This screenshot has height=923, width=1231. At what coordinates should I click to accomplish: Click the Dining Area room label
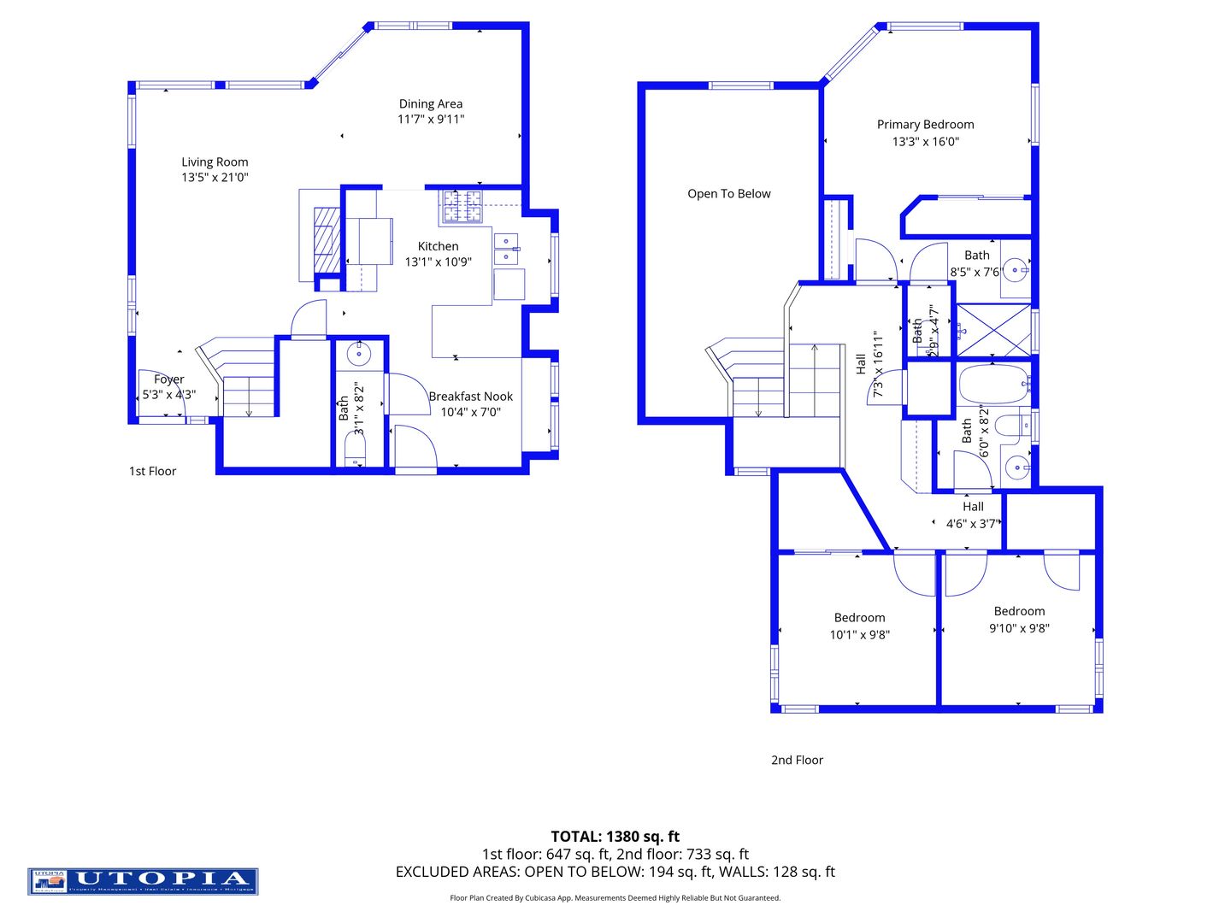[431, 104]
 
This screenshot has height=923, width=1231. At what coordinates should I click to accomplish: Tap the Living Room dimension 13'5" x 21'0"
[215, 178]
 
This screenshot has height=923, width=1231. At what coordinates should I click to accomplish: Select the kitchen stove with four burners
[462, 207]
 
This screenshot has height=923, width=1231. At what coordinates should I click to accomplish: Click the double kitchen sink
[506, 249]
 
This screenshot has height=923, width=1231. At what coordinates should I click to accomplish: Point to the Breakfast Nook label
[470, 397]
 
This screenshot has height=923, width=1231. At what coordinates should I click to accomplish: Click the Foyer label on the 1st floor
[169, 379]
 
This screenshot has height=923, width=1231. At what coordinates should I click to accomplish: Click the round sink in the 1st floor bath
[359, 352]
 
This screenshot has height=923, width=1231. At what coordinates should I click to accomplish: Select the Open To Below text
[729, 194]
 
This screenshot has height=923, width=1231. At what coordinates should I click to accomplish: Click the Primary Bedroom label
[925, 125]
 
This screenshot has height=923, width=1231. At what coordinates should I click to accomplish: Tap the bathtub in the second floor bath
[992, 385]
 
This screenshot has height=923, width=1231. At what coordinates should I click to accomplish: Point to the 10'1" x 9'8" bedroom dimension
[859, 635]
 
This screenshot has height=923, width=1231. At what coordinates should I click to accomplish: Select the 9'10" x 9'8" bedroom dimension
[1019, 628]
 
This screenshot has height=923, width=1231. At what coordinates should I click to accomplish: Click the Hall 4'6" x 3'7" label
[972, 515]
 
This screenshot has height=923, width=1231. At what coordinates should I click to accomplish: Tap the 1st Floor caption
[152, 471]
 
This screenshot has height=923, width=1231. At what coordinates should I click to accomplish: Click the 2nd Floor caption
[797, 760]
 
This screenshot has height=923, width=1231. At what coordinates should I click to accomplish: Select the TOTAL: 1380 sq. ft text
[615, 837]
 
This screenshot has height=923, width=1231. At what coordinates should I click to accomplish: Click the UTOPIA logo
[143, 881]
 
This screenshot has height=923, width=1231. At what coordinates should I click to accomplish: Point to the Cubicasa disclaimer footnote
[615, 898]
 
